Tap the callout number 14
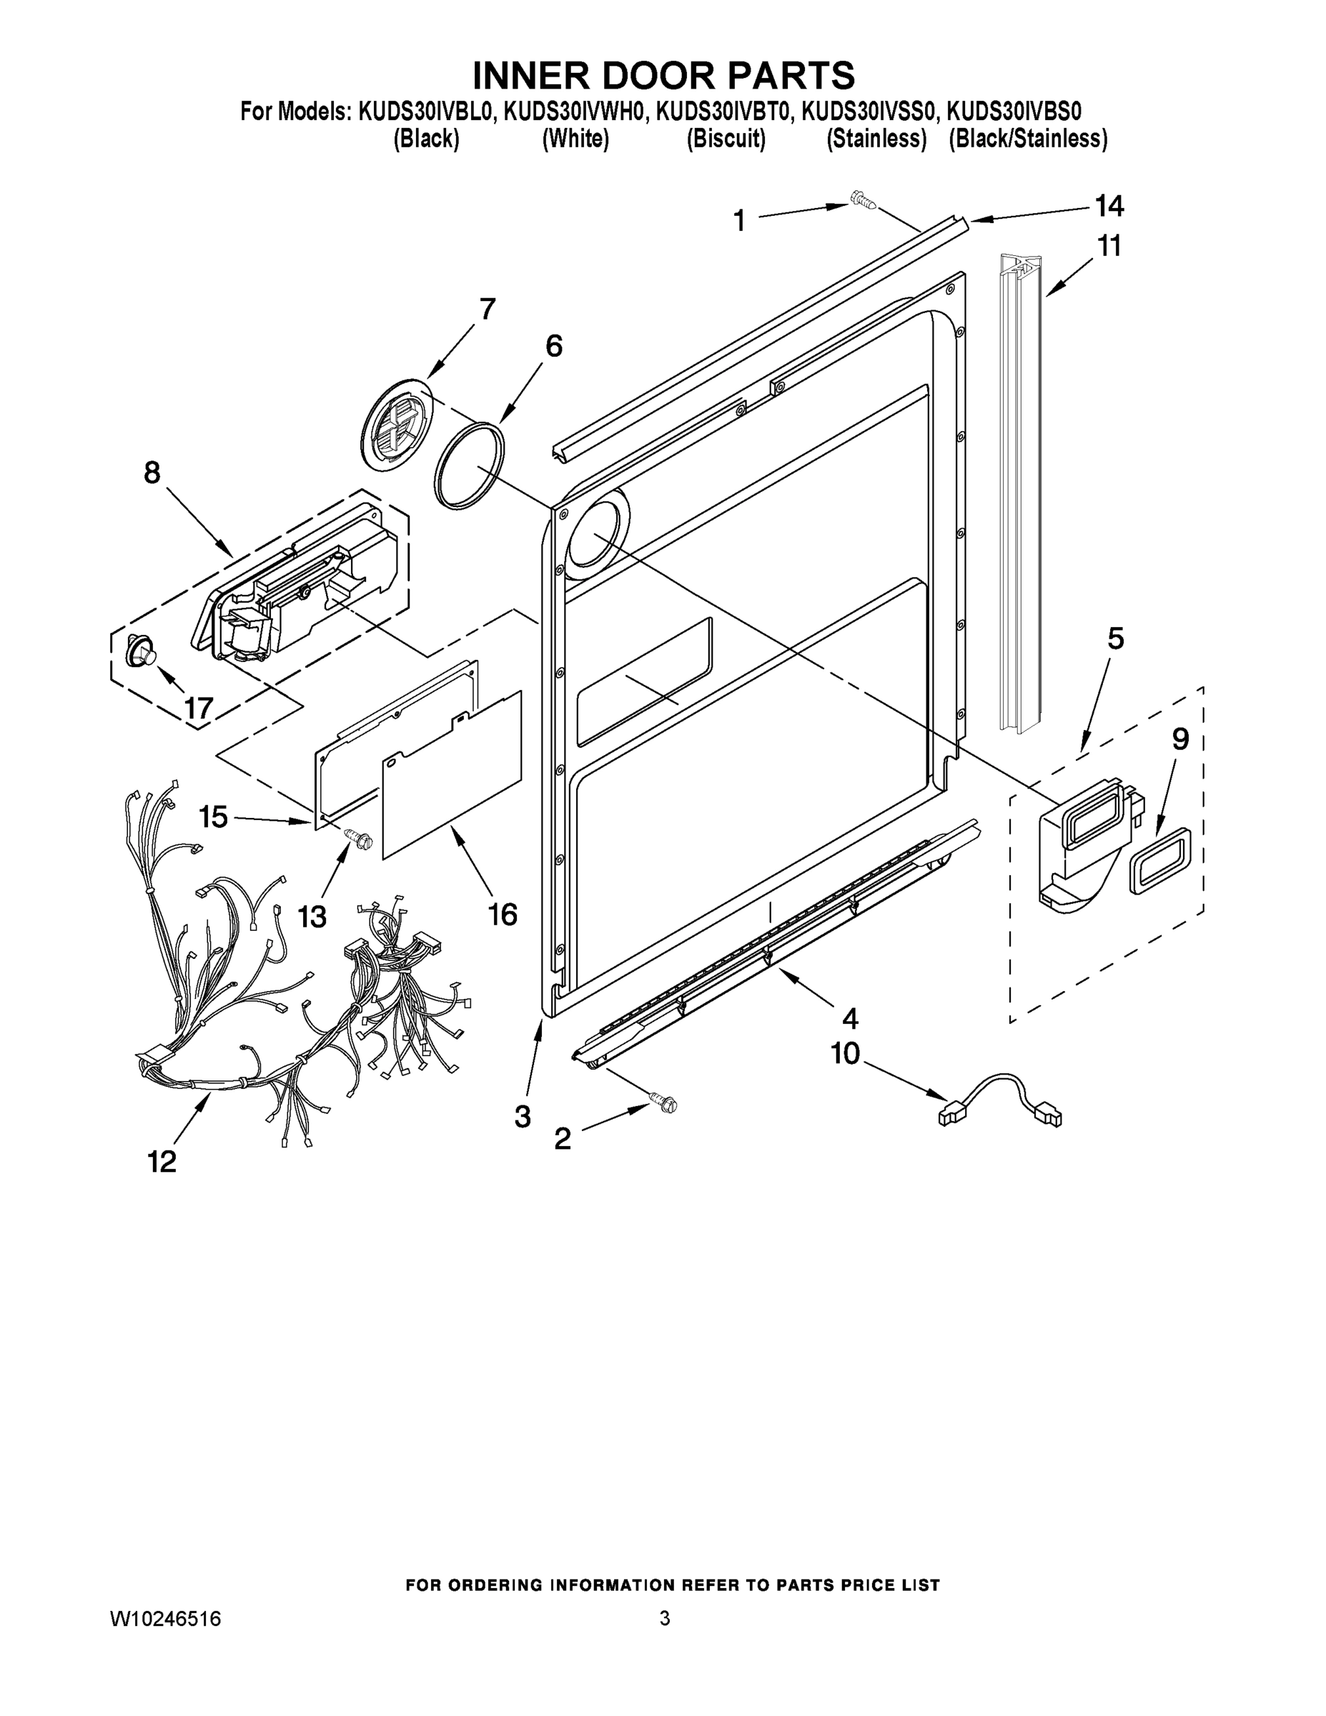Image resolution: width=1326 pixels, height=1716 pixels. coord(1109,207)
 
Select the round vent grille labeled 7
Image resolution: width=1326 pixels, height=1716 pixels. coord(397,424)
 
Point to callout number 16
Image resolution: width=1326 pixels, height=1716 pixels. coord(503,914)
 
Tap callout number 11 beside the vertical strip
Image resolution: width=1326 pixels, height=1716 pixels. coord(1109,246)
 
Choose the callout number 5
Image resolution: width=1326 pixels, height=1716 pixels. coord(1115,638)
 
